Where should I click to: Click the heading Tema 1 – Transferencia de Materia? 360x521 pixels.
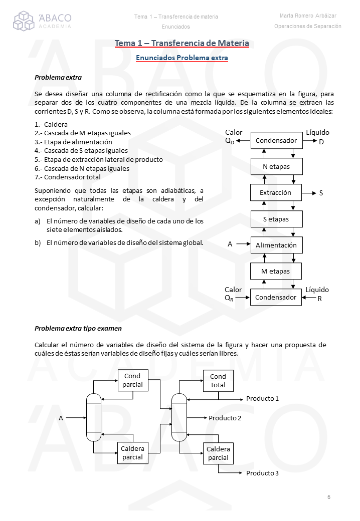[x=182, y=44]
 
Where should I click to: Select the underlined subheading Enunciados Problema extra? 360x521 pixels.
[x=182, y=58]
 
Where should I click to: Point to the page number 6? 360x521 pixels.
[x=328, y=497]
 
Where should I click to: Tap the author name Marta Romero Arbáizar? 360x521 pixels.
[x=308, y=16]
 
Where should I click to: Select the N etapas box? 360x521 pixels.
[x=276, y=166]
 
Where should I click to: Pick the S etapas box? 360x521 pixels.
[x=276, y=219]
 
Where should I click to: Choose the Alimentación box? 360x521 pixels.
[x=276, y=245]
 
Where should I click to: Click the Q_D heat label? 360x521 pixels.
[x=230, y=141]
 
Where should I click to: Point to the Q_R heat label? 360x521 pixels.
[x=230, y=298]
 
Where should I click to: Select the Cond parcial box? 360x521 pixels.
[x=133, y=380]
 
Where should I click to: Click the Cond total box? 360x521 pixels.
[x=218, y=381]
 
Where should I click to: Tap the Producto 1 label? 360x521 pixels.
[x=262, y=399]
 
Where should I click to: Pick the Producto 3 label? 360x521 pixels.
[x=262, y=473]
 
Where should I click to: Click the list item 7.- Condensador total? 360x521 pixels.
[x=68, y=177]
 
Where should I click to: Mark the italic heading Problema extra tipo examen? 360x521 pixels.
[x=78, y=329]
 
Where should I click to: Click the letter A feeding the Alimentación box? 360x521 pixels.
[x=230, y=244]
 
